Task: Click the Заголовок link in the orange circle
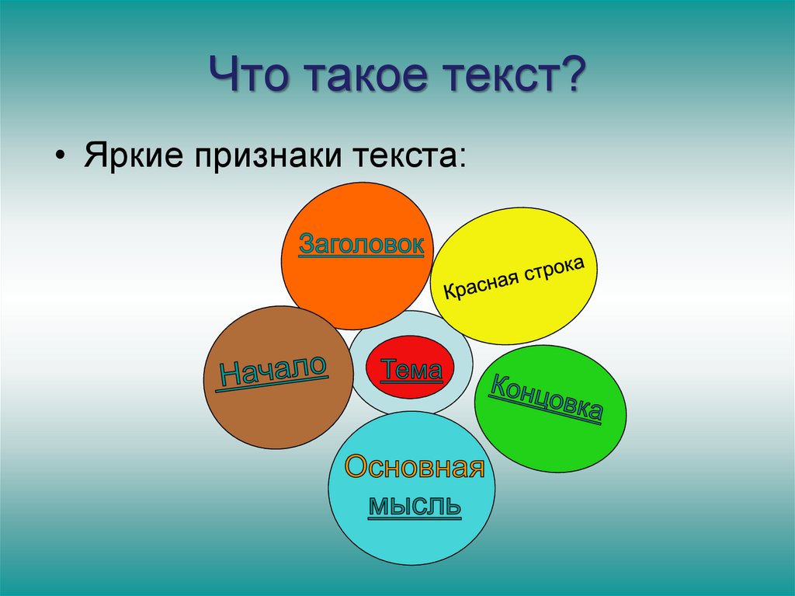click(361, 245)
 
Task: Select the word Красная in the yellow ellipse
click(480, 285)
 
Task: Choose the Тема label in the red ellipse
click(411, 369)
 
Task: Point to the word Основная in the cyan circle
click(415, 466)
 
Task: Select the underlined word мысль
click(415, 506)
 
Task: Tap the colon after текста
click(460, 158)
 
